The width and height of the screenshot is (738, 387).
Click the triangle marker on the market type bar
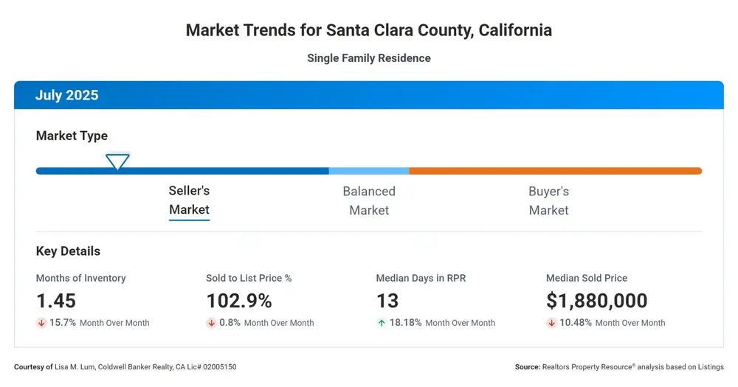(x=117, y=161)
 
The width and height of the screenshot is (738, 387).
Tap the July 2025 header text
(x=67, y=95)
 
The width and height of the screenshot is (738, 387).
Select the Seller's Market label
(x=189, y=200)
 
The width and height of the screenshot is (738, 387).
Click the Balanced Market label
(x=369, y=201)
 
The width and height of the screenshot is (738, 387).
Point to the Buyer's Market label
(x=549, y=201)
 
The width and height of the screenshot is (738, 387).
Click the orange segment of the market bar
(x=556, y=171)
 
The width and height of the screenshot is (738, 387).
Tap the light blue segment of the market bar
(x=369, y=171)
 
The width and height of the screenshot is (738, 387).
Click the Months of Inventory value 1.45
(x=56, y=301)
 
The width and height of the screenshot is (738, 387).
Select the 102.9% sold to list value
(x=239, y=301)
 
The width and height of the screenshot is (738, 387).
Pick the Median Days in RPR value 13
(x=387, y=301)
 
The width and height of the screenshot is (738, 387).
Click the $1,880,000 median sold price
(x=597, y=301)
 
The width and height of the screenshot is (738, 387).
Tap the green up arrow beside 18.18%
(x=382, y=323)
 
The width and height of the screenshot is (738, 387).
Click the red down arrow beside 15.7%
(x=41, y=323)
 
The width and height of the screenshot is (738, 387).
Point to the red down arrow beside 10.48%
(x=551, y=323)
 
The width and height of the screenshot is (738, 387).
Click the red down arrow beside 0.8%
(x=211, y=323)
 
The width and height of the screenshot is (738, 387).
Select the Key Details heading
(x=68, y=251)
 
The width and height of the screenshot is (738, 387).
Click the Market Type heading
(x=72, y=136)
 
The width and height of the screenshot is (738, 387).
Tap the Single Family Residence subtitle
(x=369, y=58)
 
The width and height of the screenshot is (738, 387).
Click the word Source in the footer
(x=528, y=367)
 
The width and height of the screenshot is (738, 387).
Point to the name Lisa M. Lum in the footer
(x=75, y=367)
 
